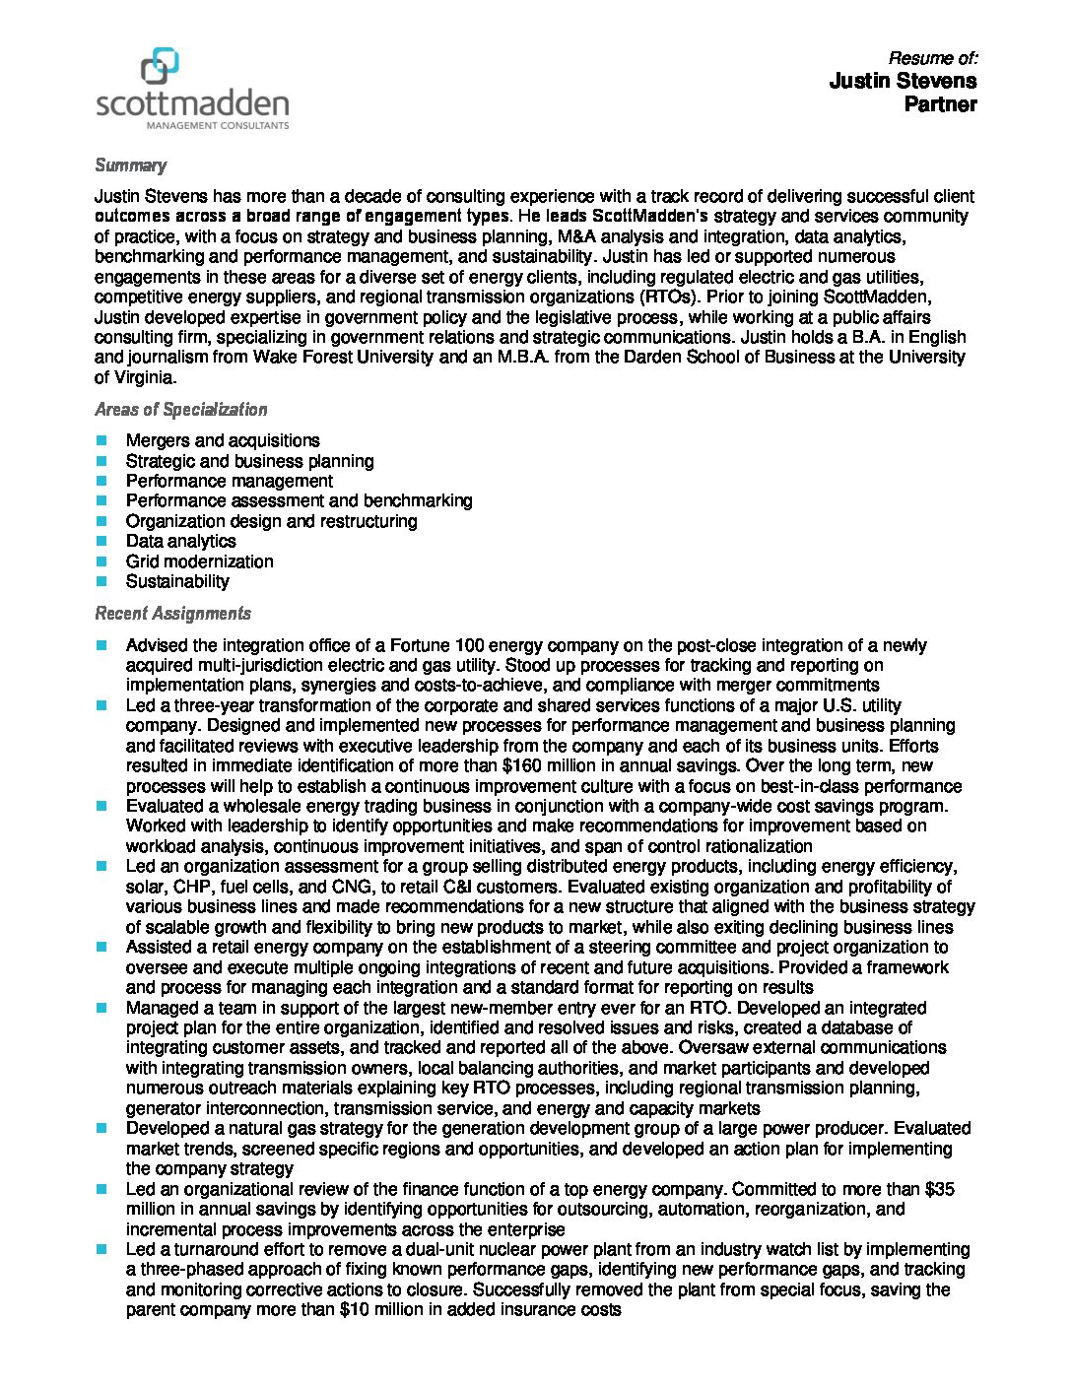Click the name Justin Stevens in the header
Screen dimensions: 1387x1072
coord(903,81)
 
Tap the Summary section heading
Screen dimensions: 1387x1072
coord(130,165)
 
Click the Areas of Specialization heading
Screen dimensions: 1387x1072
coord(180,410)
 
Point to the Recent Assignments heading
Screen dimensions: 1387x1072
coord(172,614)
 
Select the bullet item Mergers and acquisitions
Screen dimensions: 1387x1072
coord(223,440)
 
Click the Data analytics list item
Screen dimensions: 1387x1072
coord(180,541)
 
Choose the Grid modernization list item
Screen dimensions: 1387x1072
coord(199,561)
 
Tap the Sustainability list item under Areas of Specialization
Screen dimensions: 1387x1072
coord(177,581)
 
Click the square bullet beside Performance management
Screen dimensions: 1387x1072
coord(101,481)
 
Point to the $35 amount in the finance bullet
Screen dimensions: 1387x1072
coord(941,1189)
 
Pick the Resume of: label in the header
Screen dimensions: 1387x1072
coord(932,58)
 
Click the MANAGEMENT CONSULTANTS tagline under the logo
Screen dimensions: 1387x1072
coord(217,126)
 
